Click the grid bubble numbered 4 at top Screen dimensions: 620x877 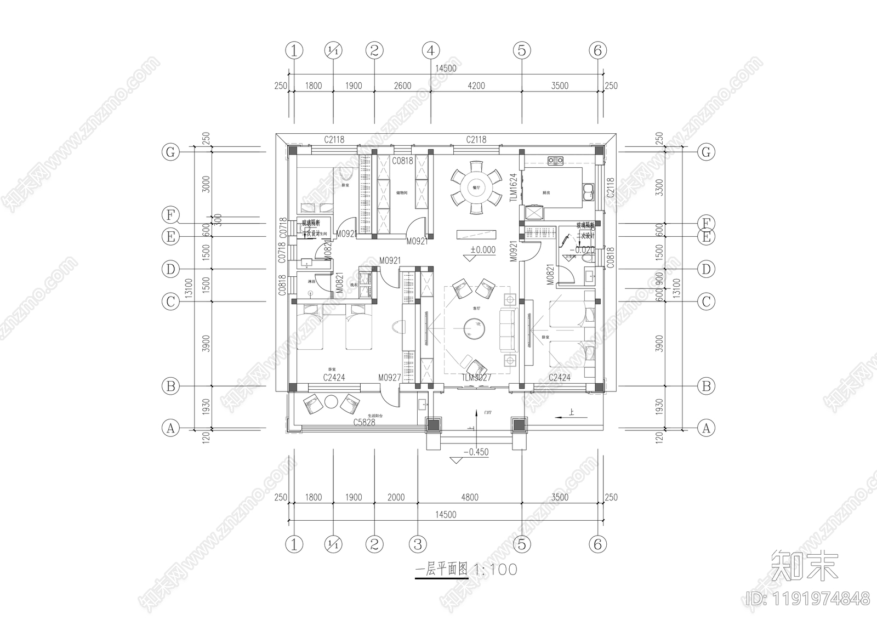pos(431,50)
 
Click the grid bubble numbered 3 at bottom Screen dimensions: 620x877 pos(418,544)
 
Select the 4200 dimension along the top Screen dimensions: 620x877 pos(476,86)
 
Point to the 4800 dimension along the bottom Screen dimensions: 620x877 pos(469,497)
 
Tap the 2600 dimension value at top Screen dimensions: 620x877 pos(402,86)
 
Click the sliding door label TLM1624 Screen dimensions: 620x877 pos(513,189)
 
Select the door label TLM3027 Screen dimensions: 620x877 pos(476,378)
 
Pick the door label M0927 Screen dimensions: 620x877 pos(390,378)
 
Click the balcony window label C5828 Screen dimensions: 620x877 pos(364,422)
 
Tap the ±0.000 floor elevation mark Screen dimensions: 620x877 pos(482,250)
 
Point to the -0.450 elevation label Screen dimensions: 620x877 pos(475,452)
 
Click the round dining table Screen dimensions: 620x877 pos(476,187)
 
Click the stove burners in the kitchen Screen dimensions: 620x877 pos(556,160)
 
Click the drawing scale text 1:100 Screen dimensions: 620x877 pos(496,570)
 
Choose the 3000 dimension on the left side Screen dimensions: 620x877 pos(206,184)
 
